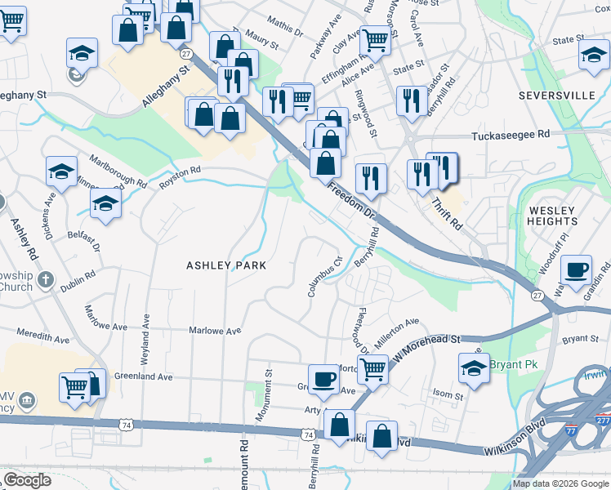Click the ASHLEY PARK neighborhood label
click(226, 265)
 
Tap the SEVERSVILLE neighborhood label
click(556, 96)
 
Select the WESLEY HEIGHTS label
click(552, 216)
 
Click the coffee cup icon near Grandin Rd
click(578, 269)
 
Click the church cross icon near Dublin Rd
click(46, 279)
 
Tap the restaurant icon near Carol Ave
click(411, 100)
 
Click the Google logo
click(27, 480)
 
